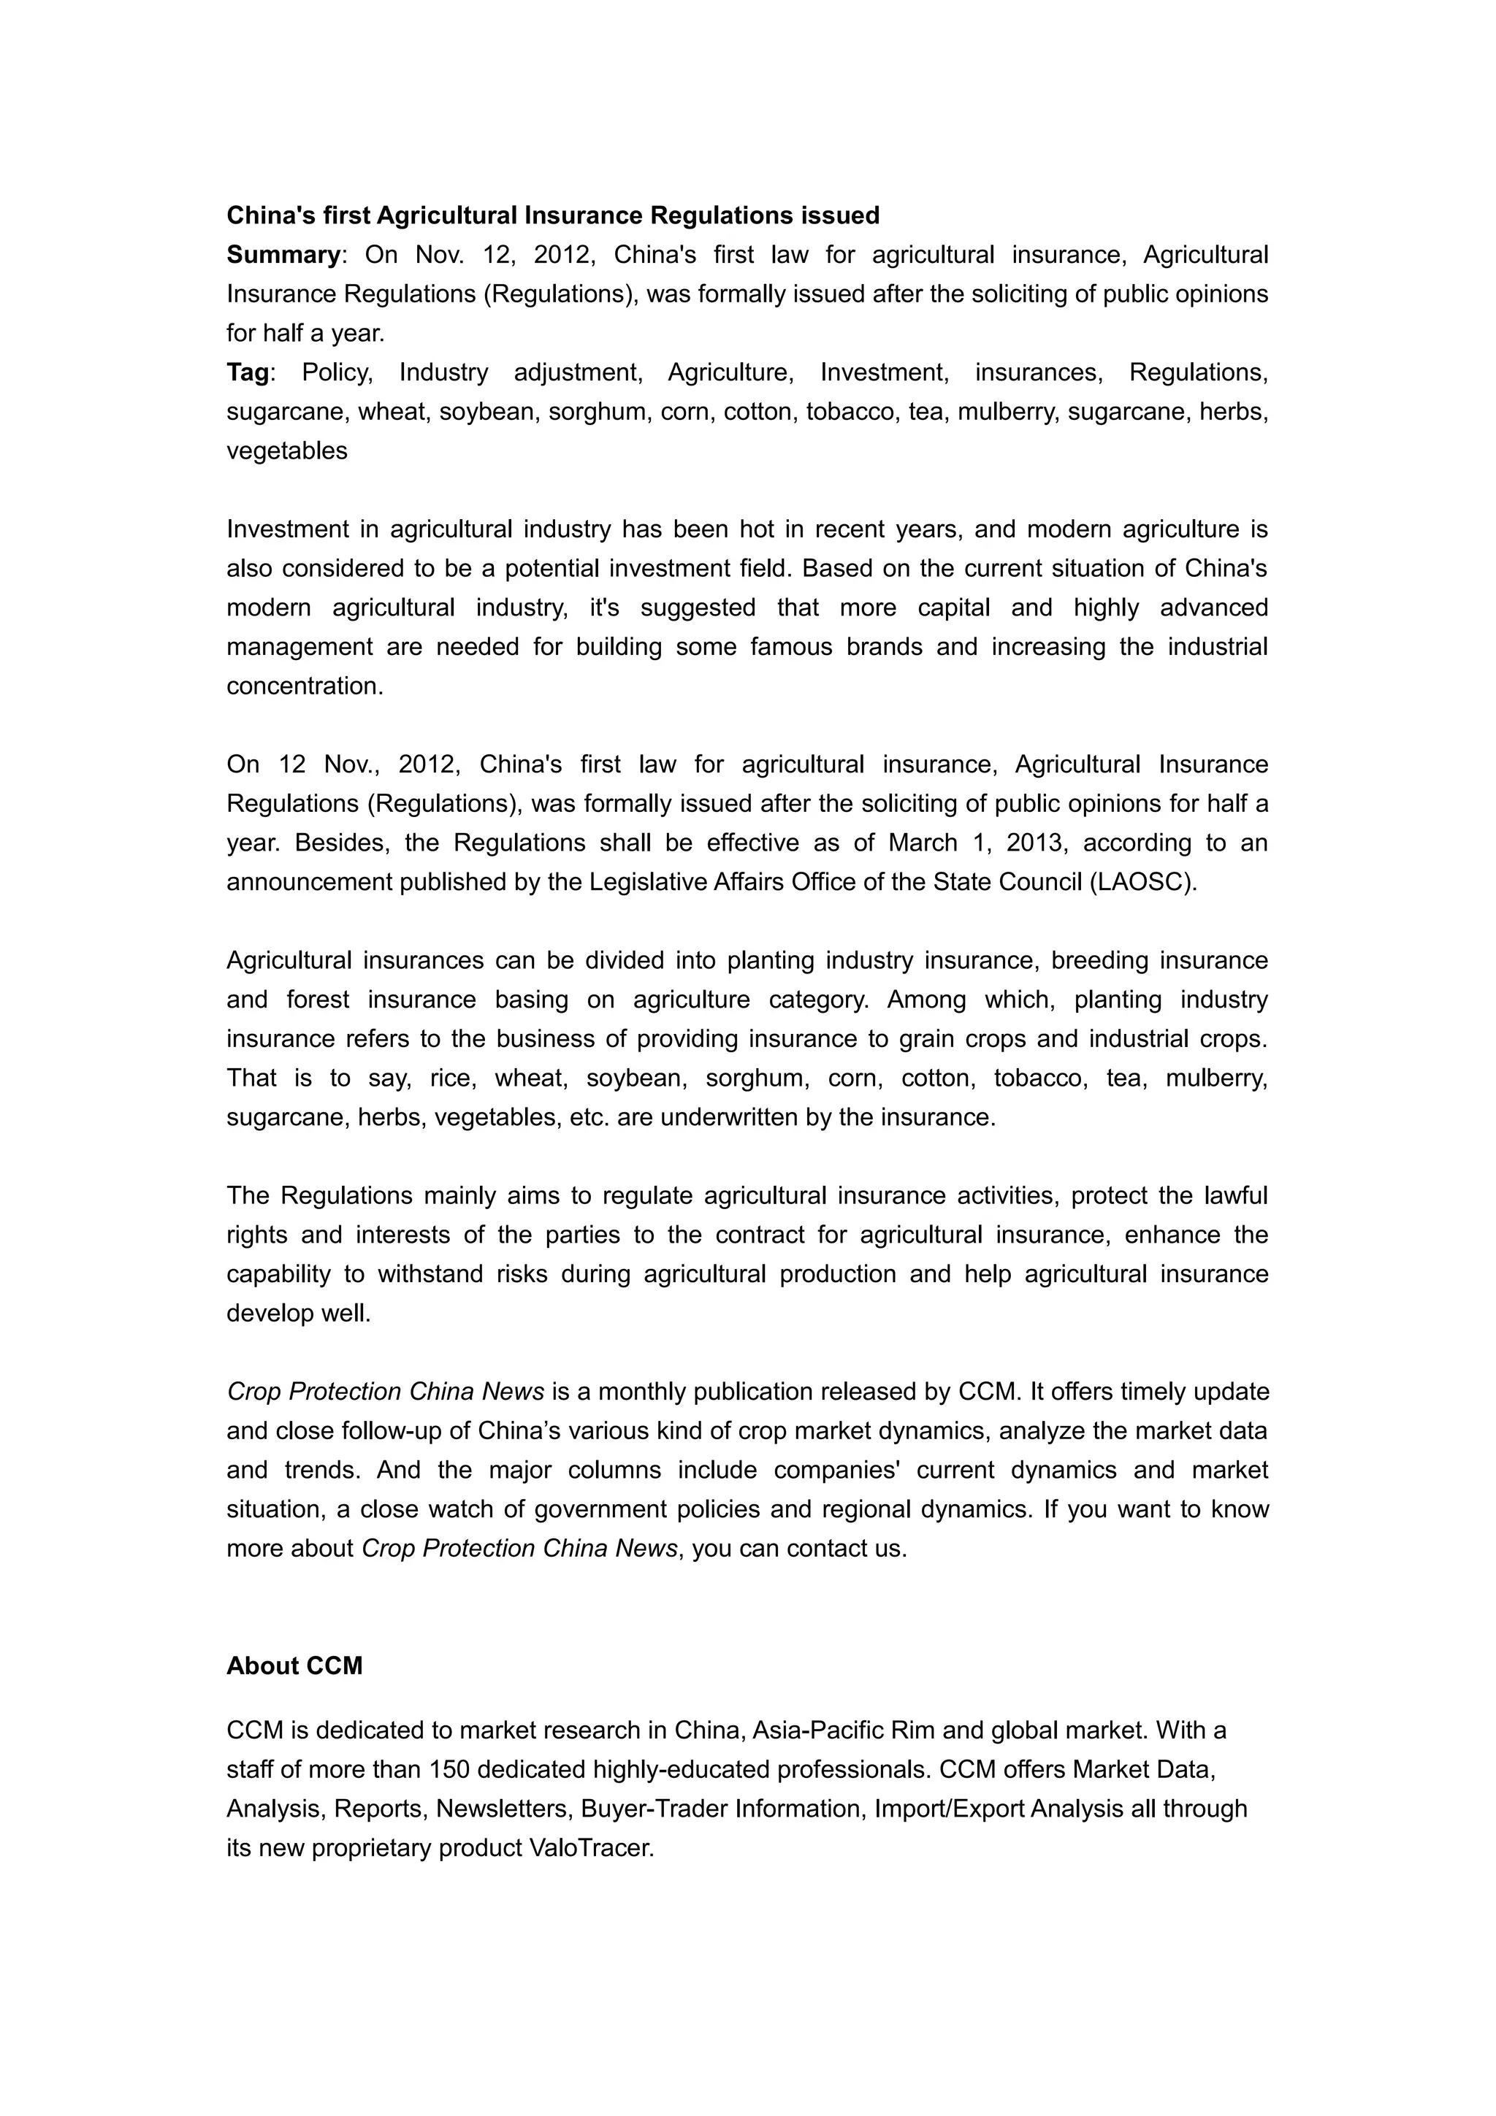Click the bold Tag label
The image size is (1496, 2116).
tap(248, 372)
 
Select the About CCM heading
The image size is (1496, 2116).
tap(294, 1666)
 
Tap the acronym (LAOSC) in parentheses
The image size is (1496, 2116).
tap(1143, 883)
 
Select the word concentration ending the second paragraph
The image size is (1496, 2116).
tap(303, 686)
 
